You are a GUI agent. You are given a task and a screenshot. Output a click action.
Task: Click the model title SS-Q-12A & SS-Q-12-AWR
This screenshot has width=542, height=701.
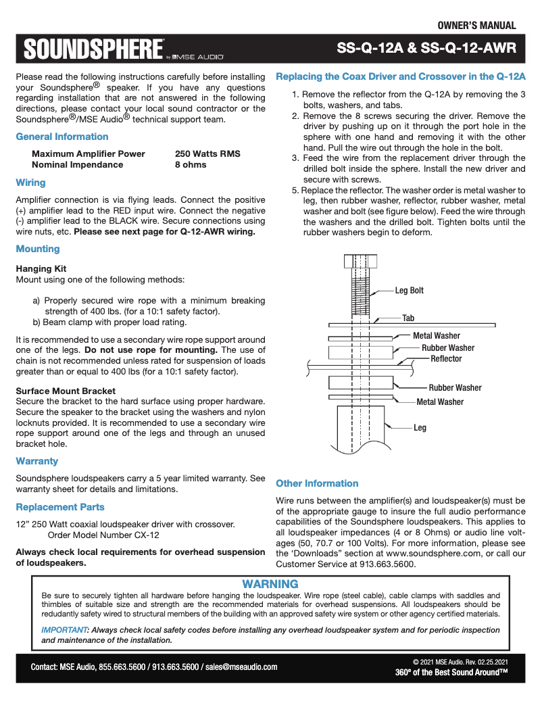click(426, 49)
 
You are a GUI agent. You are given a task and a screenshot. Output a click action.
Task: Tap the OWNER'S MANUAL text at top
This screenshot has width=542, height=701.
click(476, 26)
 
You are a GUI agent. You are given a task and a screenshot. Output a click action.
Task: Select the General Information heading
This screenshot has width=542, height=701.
click(61, 137)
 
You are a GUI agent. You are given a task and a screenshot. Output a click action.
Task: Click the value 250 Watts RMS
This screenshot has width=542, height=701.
click(207, 153)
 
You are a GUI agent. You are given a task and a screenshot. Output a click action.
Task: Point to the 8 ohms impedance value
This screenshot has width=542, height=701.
click(191, 164)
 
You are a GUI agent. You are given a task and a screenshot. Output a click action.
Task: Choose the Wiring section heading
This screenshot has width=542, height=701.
click(30, 183)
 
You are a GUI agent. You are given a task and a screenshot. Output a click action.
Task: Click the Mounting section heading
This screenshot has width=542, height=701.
click(38, 249)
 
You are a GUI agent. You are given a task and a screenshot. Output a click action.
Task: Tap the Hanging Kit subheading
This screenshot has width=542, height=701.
click(41, 268)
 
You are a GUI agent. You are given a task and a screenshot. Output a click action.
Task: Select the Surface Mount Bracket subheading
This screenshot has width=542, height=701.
click(66, 391)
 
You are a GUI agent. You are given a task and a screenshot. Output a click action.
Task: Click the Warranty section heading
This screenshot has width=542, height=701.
click(36, 461)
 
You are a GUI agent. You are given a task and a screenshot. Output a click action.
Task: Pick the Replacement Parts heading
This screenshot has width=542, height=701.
click(60, 507)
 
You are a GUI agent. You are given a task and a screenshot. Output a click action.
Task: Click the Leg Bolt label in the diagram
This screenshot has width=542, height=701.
click(410, 291)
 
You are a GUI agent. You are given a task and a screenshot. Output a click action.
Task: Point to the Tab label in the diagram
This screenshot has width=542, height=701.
click(408, 318)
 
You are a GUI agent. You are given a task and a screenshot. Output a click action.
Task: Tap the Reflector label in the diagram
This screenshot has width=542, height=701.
click(446, 359)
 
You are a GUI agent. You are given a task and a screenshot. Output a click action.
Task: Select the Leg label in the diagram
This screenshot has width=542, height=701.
click(420, 427)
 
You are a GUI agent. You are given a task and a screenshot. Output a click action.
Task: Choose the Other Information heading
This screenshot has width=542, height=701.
click(317, 483)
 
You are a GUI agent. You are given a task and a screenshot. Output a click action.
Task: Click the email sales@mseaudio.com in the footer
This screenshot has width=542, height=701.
click(241, 667)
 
